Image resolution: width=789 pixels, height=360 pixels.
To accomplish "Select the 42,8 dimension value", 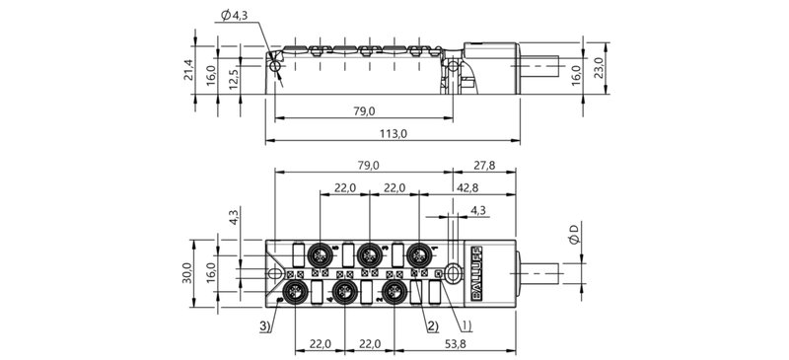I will click(x=468, y=187).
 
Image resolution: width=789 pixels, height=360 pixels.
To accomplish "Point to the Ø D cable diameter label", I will click(x=577, y=236).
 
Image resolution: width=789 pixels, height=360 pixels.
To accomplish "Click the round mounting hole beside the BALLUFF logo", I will click(x=451, y=273).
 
